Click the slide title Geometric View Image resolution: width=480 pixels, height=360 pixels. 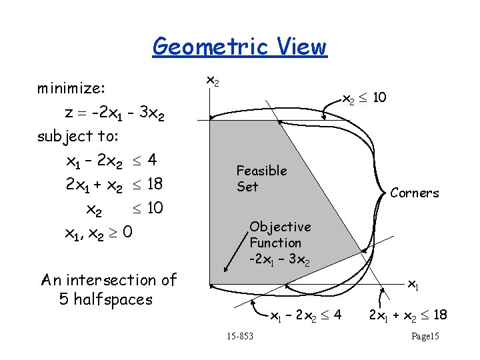(240, 47)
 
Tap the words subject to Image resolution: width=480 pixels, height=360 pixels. (78, 136)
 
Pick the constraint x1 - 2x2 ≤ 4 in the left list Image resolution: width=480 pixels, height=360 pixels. (111, 161)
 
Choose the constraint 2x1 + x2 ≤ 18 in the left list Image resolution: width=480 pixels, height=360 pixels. (114, 184)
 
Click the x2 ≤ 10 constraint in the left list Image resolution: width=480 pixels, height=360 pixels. (125, 209)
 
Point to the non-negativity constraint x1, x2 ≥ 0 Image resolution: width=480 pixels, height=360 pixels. (98, 233)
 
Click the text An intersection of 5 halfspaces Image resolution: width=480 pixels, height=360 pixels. (107, 289)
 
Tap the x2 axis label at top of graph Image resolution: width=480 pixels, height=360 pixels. (211, 81)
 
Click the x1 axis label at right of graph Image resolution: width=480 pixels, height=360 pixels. (413, 285)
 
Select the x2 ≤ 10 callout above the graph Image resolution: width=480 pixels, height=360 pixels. (364, 99)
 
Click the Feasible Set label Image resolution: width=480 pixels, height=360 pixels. (261, 179)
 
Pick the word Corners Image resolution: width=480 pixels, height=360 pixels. (415, 193)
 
